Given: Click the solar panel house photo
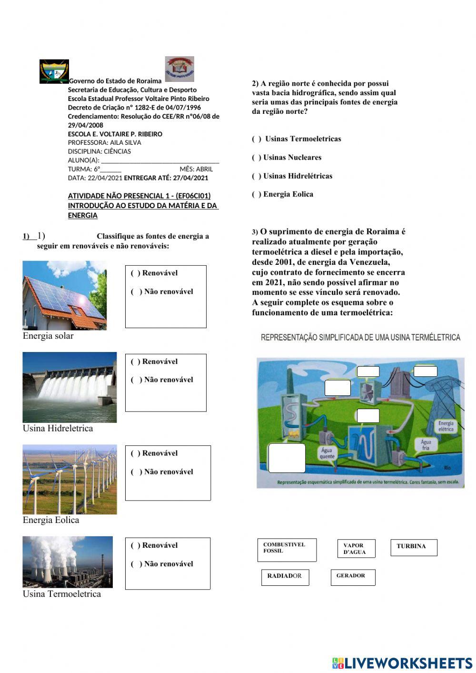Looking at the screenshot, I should pyautogui.click(x=64, y=295).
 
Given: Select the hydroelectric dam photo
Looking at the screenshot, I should pyautogui.click(x=69, y=387).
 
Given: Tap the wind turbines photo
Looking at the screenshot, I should pyautogui.click(x=69, y=479).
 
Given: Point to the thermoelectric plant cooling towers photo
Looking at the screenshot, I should pyautogui.click(x=68, y=562).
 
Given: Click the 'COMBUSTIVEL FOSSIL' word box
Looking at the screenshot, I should pyautogui.click(x=287, y=550).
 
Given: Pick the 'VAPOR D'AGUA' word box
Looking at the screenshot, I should pyautogui.click(x=353, y=548).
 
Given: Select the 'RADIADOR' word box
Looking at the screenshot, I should pyautogui.click(x=285, y=577).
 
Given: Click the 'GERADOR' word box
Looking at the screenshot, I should pyautogui.click(x=352, y=577).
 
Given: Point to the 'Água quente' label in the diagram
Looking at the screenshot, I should pyautogui.click(x=327, y=453).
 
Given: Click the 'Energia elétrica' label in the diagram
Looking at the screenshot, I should pyautogui.click(x=446, y=426).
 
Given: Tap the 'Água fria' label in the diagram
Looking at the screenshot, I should pyautogui.click(x=426, y=445).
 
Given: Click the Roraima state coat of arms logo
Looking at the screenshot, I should pyautogui.click(x=54, y=71).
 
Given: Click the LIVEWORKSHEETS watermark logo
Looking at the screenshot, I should pyautogui.click(x=402, y=663).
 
